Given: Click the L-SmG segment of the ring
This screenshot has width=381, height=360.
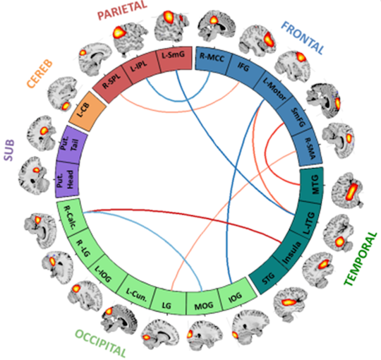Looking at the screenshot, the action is coord(174,59).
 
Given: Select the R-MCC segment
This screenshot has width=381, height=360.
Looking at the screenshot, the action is coord(212,59).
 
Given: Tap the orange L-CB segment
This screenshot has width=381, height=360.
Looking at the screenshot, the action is coord(87,112).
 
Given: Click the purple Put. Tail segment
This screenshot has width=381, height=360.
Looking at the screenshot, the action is coord(72,145).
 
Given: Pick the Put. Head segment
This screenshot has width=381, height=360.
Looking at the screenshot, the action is coord(67,179).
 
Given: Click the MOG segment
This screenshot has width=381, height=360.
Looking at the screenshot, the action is coord(204,303).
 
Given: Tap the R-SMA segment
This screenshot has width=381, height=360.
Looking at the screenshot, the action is coord(308,151).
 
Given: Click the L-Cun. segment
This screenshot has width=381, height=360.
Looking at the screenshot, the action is coord(137,294).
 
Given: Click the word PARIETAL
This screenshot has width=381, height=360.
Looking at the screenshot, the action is coord(122,11).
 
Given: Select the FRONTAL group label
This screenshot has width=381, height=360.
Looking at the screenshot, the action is coord(303,38).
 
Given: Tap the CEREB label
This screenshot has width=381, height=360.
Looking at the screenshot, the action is coord(40,73).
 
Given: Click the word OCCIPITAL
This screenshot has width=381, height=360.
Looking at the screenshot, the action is coord(101,343).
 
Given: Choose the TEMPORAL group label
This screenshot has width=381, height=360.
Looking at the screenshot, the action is coord(361,258).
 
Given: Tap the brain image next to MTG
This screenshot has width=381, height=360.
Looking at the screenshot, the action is coord(348,190).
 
